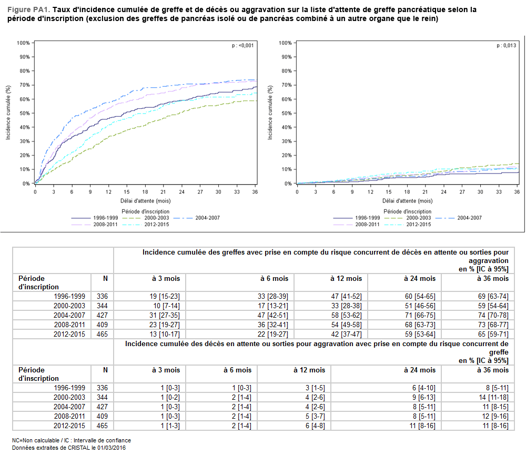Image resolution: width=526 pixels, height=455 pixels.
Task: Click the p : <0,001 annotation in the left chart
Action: pos(242,46)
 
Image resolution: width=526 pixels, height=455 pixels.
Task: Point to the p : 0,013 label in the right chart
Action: pos(506,46)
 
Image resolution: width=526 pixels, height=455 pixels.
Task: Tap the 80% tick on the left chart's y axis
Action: pos(23,71)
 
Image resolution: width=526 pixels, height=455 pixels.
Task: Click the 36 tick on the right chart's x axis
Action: pos(517,192)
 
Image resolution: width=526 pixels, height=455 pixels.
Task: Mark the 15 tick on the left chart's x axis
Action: pos(126,192)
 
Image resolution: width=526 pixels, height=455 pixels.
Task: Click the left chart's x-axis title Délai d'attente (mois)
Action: pos(145,200)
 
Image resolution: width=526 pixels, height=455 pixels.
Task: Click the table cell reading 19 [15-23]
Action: pos(166,296)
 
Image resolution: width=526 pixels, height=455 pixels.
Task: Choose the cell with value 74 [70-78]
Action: pos(493,315)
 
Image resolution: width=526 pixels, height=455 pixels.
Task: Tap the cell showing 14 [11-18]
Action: pos(493,398)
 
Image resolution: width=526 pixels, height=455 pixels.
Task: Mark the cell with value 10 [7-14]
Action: pos(166,306)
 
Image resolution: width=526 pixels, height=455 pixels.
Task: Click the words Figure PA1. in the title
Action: pos(29,9)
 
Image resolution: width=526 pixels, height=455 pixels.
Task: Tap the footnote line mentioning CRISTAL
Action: pos(69,448)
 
